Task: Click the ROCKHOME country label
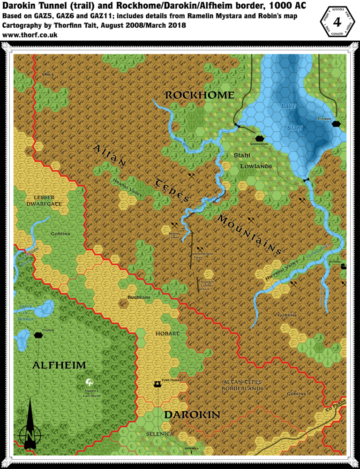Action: (x=199, y=95)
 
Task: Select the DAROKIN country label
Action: (x=192, y=415)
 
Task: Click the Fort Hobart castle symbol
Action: (x=157, y=384)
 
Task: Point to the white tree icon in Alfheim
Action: (x=90, y=383)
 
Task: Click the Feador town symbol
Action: (x=38, y=335)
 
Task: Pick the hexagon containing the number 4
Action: (x=336, y=23)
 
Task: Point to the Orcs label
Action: (x=48, y=74)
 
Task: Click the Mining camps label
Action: (x=174, y=235)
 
